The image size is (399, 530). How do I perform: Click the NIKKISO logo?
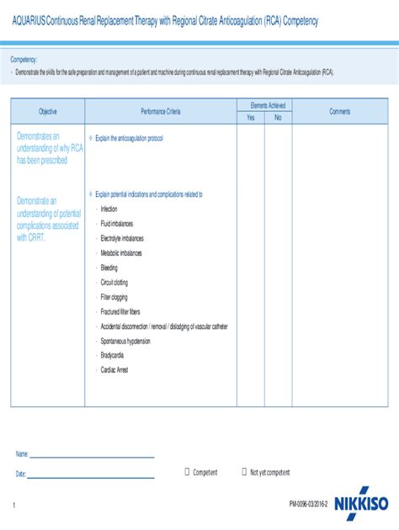click(363, 505)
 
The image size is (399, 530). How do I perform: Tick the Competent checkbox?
click(187, 472)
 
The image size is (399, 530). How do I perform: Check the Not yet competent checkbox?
click(244, 472)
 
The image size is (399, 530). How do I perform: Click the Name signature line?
click(93, 457)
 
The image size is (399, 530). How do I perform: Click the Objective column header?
click(47, 112)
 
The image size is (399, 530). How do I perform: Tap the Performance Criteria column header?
click(160, 112)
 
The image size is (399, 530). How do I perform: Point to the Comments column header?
click(340, 112)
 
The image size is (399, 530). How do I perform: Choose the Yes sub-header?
click(250, 118)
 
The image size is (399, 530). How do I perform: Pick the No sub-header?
click(278, 118)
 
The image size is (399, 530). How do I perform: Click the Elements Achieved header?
click(263, 106)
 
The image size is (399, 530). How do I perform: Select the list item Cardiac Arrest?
click(114, 369)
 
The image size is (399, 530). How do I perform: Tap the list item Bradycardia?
click(112, 355)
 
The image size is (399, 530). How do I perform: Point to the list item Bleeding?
click(109, 268)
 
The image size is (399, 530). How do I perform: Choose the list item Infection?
click(109, 209)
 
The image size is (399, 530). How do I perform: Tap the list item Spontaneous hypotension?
click(125, 341)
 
